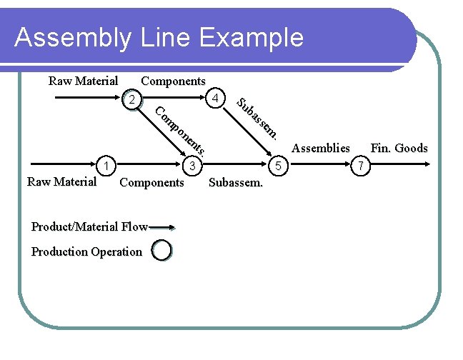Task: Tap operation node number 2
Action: tap(130, 99)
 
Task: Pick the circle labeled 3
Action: tap(192, 166)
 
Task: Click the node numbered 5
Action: tap(279, 166)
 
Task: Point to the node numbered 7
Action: tap(362, 166)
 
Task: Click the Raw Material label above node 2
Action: tap(83, 81)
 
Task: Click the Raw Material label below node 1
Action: tap(61, 181)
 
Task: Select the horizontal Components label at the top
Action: tap(174, 81)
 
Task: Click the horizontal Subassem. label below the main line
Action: tap(236, 183)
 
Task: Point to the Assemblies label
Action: tap(321, 149)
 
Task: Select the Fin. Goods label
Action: tap(399, 149)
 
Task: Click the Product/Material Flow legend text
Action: tap(89, 227)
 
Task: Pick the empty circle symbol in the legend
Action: tap(162, 251)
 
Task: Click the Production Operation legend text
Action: tap(86, 251)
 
